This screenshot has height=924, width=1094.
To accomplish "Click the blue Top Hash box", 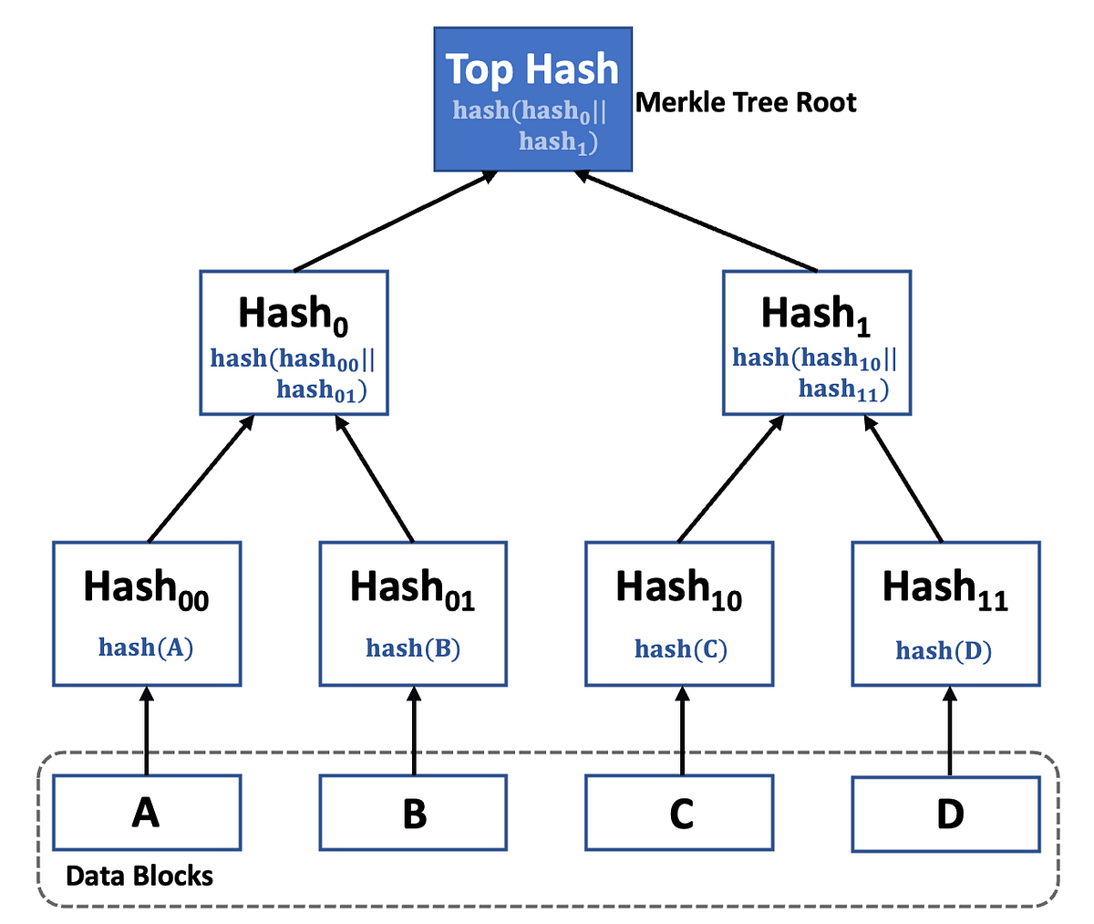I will click(532, 99).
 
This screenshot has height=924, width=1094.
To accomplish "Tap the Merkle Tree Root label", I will click(746, 102).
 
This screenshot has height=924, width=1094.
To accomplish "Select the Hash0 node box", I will click(294, 343).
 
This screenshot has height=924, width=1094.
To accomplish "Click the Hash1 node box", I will click(817, 343).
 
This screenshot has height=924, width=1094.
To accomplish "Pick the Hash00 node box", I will click(147, 613).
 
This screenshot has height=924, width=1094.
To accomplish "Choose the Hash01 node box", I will click(413, 613).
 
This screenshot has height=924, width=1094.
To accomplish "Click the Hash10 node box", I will click(679, 613).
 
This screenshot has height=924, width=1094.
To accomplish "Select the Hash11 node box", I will click(945, 613).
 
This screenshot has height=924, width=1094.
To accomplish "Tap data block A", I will click(147, 813).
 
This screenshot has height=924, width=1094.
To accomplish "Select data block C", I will click(679, 813).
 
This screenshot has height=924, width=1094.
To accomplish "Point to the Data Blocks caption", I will click(139, 877).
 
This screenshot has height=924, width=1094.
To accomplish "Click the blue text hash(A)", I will click(146, 648).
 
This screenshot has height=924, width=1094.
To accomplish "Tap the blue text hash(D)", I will click(944, 650).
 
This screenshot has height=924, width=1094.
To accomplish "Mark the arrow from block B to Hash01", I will click(414, 731).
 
